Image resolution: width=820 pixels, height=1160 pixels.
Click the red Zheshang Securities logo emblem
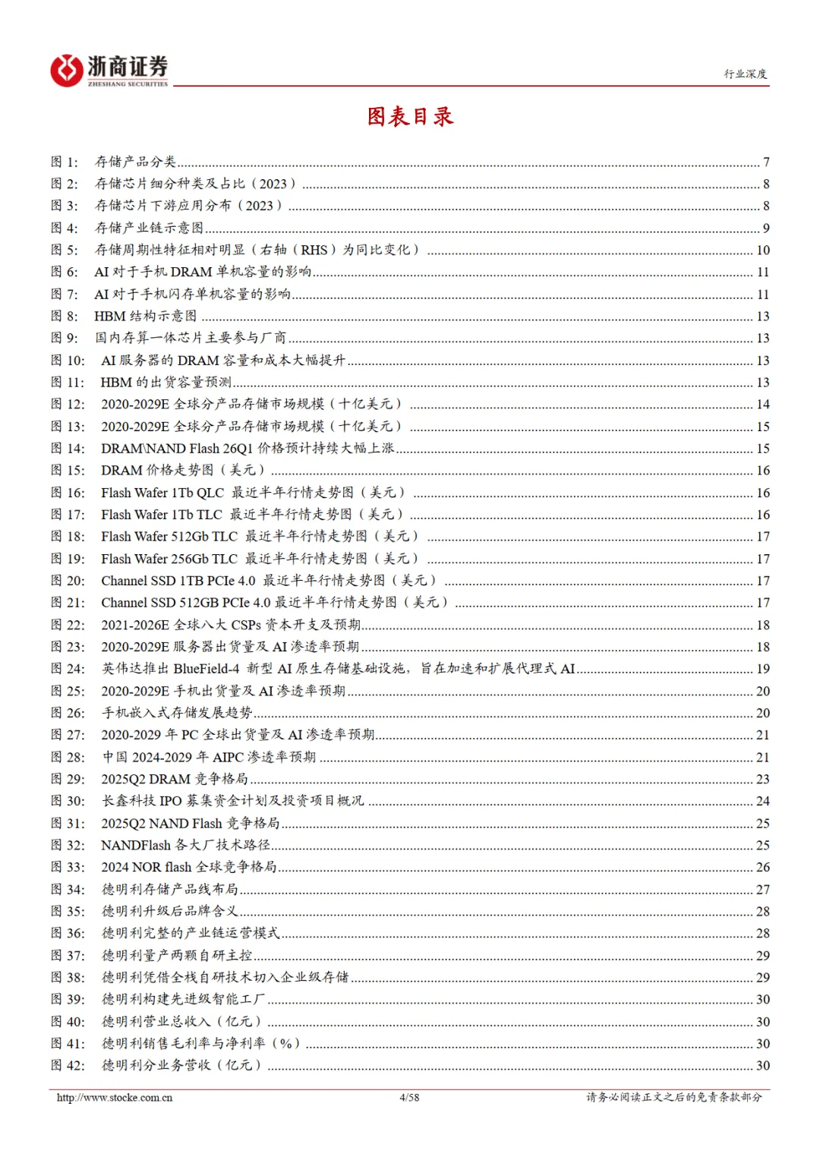(x=67, y=71)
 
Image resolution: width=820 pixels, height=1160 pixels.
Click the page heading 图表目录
(x=410, y=116)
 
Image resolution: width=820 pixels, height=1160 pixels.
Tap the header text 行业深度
(x=745, y=74)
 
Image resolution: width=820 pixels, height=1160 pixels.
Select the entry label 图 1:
(x=65, y=162)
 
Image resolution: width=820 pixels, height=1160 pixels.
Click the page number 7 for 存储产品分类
(x=766, y=162)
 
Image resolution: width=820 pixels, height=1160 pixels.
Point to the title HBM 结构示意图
(x=145, y=316)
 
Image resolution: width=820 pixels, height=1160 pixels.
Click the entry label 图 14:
(x=68, y=449)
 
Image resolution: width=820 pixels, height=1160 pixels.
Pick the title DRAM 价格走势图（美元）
(x=182, y=471)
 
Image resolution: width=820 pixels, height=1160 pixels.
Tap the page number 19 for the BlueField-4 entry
(x=763, y=669)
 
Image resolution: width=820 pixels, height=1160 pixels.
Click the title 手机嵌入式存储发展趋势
(x=177, y=713)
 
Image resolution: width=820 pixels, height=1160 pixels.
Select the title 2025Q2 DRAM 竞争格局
(x=175, y=779)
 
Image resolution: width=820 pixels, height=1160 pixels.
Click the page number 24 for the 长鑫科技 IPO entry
(x=763, y=801)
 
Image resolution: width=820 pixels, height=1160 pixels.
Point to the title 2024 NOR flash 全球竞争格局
(x=189, y=867)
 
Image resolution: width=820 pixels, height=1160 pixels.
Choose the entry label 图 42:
(x=68, y=1065)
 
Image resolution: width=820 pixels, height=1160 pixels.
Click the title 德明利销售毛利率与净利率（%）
(x=201, y=1043)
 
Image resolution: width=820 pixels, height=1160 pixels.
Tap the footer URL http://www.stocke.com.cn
(x=115, y=1098)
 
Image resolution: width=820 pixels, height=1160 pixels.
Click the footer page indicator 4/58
(x=409, y=1098)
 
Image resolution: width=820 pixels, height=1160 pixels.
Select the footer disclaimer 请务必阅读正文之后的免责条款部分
(x=673, y=1098)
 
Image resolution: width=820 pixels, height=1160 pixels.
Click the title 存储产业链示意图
(x=150, y=228)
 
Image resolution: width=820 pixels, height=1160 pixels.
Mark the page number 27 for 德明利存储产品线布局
(x=763, y=889)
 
